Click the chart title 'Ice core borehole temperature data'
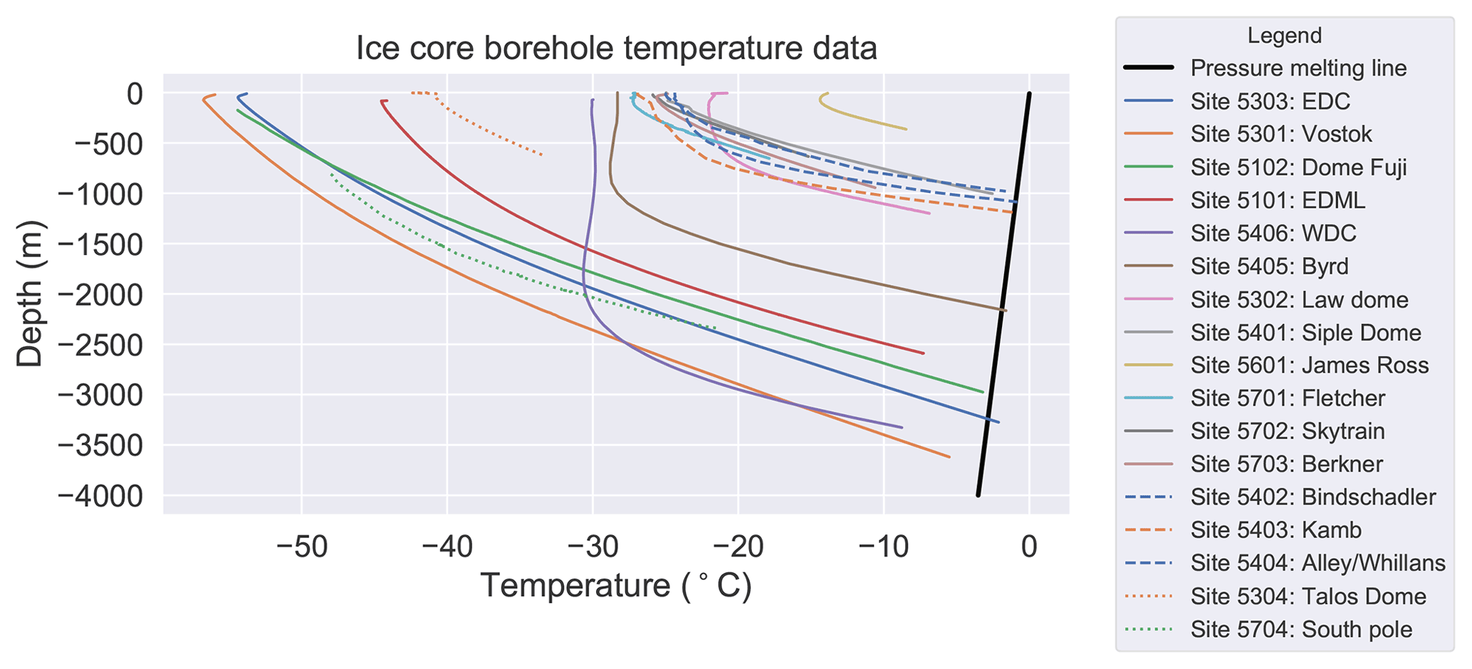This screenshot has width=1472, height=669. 616,48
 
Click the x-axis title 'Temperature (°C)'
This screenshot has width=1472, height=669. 616,586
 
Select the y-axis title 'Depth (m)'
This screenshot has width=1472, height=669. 30,294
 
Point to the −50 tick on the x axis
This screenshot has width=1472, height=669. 302,547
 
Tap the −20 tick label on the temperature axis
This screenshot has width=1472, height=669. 738,547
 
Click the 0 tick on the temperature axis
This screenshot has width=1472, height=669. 1029,547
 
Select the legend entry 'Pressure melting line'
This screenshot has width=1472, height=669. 1298,68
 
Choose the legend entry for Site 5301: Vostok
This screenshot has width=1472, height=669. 1280,134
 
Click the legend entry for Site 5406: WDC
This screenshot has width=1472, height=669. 1273,233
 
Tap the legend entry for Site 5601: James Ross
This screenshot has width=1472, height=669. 1309,365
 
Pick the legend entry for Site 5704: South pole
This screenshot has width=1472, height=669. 1301,629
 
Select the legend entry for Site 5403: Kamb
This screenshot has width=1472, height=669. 1275,530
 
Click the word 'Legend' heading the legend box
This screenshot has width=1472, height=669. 1285,36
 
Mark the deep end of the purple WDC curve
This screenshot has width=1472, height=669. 901,427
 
